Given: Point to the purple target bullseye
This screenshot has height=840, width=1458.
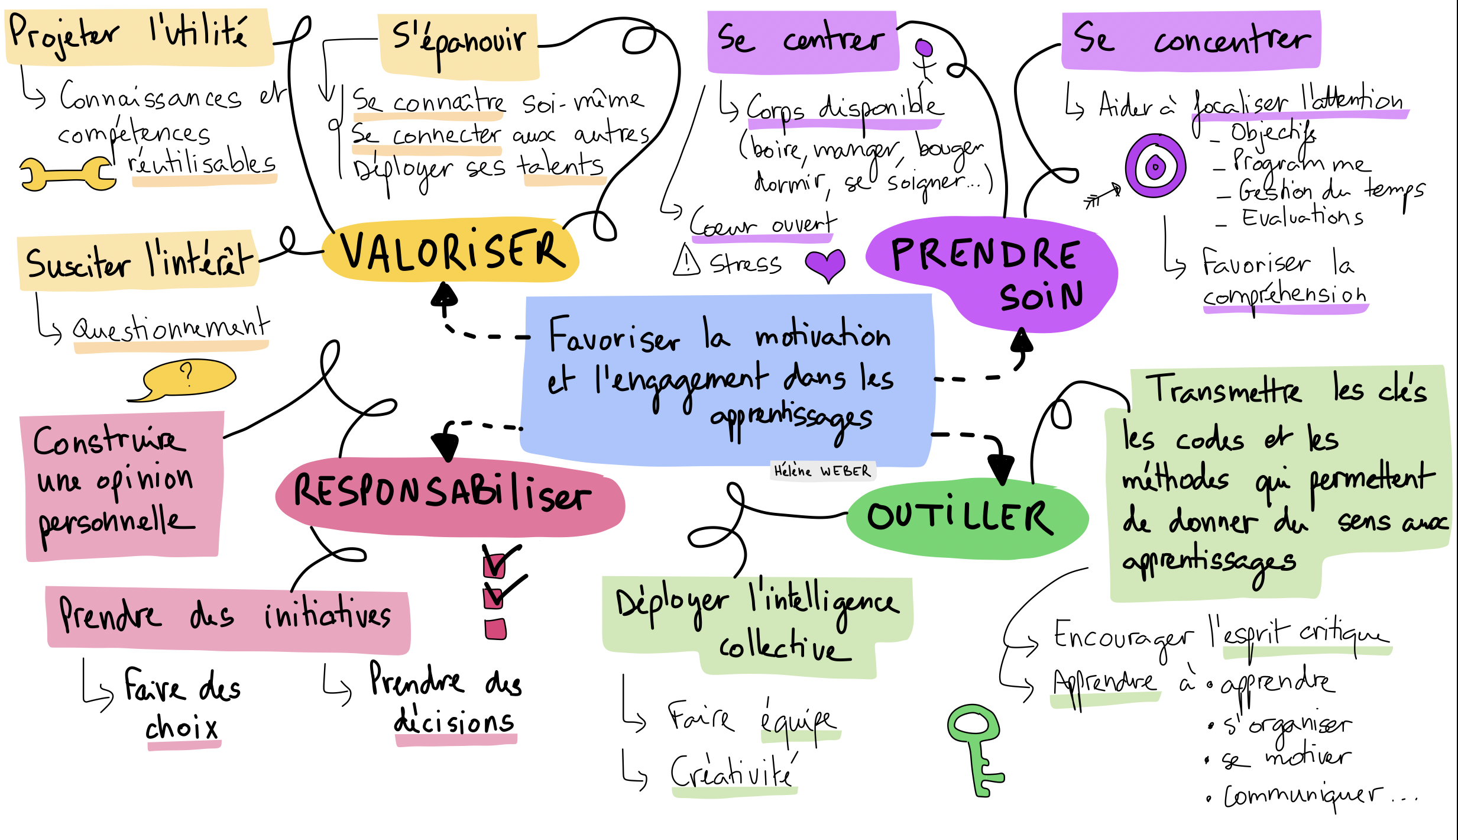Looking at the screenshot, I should point(1155,166).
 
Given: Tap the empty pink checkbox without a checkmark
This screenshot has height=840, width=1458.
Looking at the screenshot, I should point(495,629).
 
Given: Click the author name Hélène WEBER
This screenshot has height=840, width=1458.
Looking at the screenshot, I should point(822,471).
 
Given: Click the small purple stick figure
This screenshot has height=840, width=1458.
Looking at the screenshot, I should point(924,59).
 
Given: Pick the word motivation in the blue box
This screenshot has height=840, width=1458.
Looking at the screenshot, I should point(822,336).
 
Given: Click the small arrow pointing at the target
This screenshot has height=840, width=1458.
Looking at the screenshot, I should point(1102,195).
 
